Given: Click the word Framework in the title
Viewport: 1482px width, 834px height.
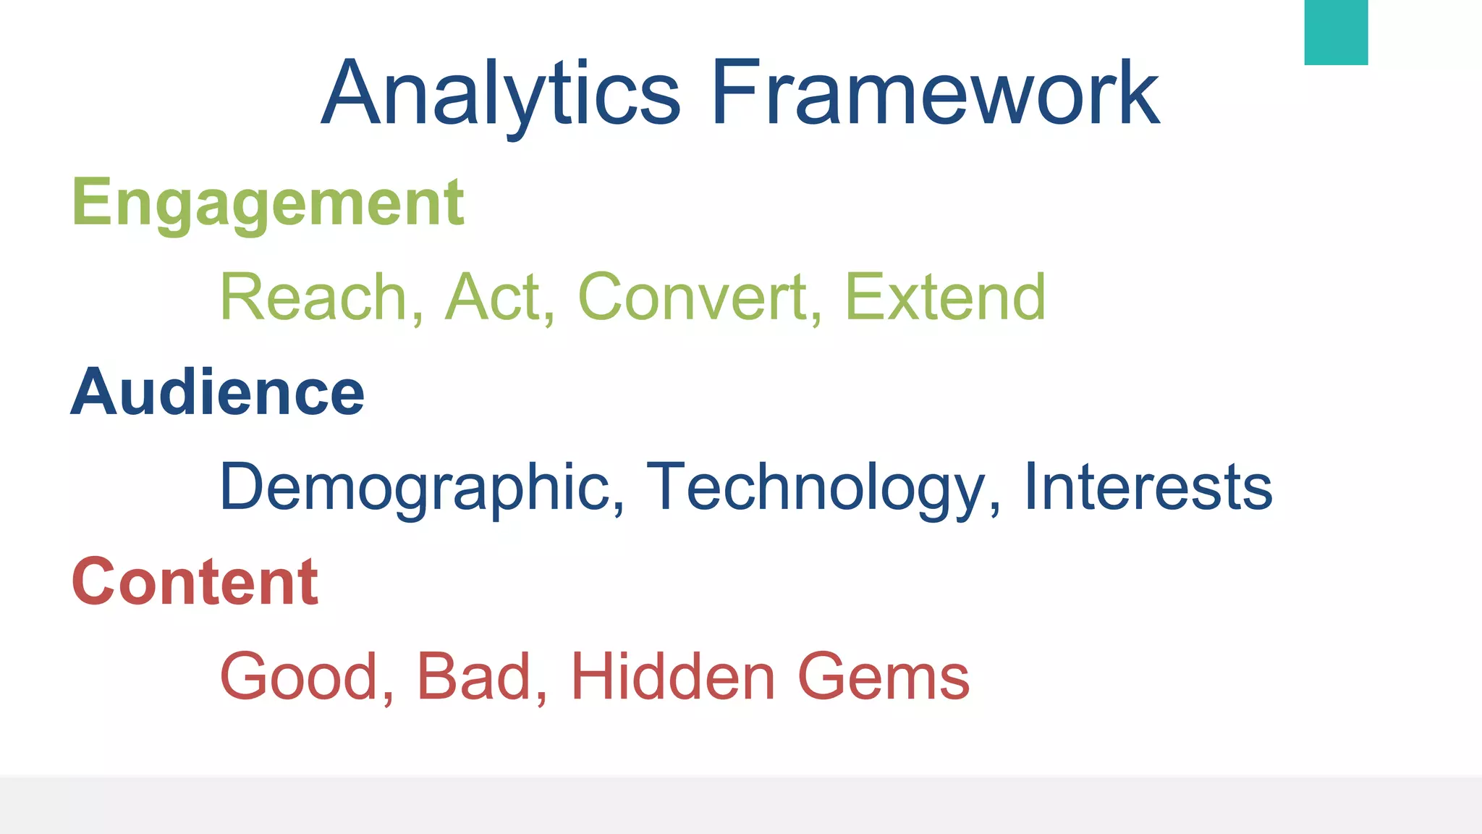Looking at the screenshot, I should pyautogui.click(x=935, y=94).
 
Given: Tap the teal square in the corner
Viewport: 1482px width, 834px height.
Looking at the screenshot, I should pyautogui.click(x=1336, y=32).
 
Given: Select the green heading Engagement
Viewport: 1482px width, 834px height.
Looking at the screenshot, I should pyautogui.click(x=268, y=203).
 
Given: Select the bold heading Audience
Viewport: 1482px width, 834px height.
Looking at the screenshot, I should pyautogui.click(x=218, y=392).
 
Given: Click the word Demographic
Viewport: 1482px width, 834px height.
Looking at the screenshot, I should pyautogui.click(x=415, y=487).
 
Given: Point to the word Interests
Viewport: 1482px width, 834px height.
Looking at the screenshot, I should pyautogui.click(x=1148, y=487).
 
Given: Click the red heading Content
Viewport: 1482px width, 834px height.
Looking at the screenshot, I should pyautogui.click(x=195, y=582).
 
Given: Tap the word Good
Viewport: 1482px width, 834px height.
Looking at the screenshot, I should pyautogui.click(x=299, y=677).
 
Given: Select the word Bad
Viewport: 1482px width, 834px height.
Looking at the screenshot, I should pyautogui.click(x=473, y=677).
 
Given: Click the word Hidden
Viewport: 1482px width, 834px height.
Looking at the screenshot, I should pyautogui.click(x=673, y=677).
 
